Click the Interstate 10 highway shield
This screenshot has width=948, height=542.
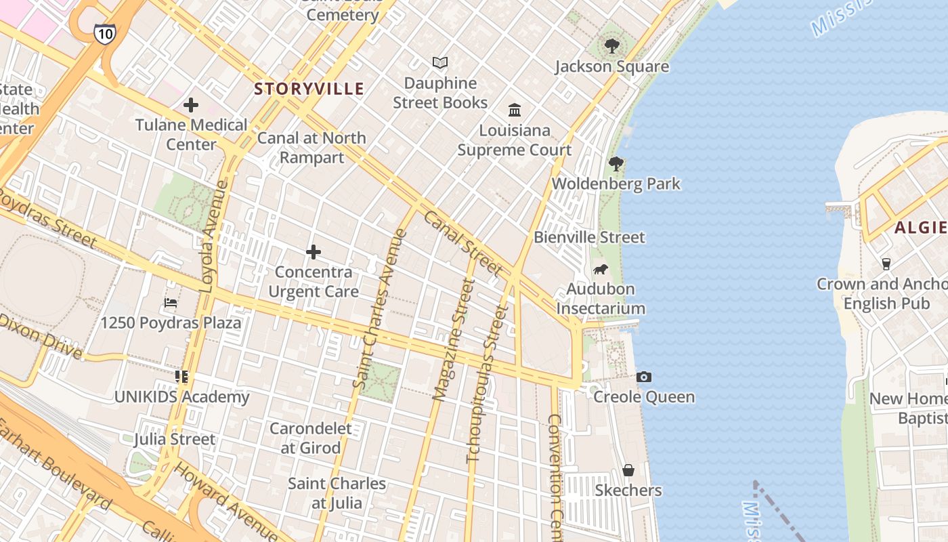pyautogui.click(x=104, y=33)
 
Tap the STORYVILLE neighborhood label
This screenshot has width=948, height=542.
pyautogui.click(x=309, y=89)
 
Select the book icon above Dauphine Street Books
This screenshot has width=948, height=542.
pyautogui.click(x=440, y=63)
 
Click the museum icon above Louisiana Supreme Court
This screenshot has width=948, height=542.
pyautogui.click(x=515, y=110)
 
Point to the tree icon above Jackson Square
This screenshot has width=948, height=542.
pyautogui.click(x=612, y=46)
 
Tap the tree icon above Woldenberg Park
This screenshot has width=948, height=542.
pyautogui.click(x=616, y=163)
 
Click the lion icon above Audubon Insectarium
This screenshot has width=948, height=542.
pyautogui.click(x=601, y=270)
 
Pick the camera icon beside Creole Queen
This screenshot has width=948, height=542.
pyautogui.click(x=644, y=377)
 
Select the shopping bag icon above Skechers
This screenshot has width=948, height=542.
pyautogui.click(x=628, y=470)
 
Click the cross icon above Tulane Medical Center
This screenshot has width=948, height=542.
pyautogui.click(x=191, y=105)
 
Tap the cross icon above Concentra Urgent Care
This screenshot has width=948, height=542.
pyautogui.click(x=313, y=253)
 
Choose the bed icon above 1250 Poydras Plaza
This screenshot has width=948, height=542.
pyautogui.click(x=171, y=303)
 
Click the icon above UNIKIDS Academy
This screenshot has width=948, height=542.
pyautogui.click(x=181, y=376)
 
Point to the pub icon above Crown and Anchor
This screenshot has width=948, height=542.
pyautogui.click(x=886, y=264)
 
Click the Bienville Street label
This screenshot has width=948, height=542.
pyautogui.click(x=589, y=237)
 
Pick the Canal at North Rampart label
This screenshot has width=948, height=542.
pyautogui.click(x=311, y=148)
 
